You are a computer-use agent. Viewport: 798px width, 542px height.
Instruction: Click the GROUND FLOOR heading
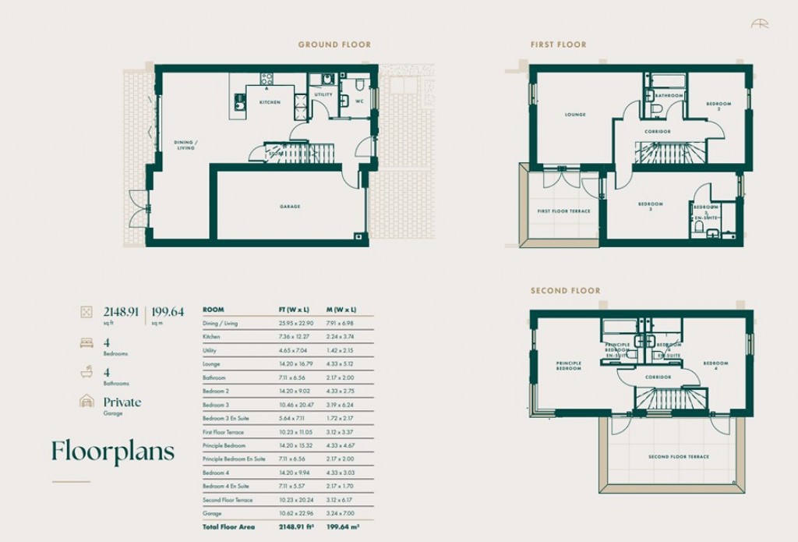coord(334,45)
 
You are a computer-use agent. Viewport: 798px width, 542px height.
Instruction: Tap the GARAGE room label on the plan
coord(290,207)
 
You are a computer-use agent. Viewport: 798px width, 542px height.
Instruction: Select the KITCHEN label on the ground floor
coord(270,102)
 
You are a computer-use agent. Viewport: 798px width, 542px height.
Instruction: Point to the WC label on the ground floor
coord(359,101)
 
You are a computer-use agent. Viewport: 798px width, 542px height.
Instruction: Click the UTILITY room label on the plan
coord(323,95)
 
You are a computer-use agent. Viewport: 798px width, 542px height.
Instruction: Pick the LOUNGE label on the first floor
coord(575,115)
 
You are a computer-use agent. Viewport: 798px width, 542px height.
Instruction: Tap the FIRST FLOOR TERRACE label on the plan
coord(564,211)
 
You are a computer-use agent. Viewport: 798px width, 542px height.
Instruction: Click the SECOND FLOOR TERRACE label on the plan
coord(679,457)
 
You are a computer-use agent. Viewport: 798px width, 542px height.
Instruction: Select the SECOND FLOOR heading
coord(565,291)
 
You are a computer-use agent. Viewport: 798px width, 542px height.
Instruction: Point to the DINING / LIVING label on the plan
coord(185,145)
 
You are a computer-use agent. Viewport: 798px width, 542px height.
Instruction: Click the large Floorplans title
coord(113,452)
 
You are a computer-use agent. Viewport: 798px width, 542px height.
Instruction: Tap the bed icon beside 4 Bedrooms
coord(87,342)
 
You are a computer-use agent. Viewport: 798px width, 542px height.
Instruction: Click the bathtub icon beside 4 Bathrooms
coord(87,373)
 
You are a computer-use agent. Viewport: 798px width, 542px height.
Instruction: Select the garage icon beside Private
coord(87,402)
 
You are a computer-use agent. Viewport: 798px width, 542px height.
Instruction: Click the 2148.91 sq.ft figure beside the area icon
coord(121,312)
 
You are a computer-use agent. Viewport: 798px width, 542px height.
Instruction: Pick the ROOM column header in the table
coord(213,310)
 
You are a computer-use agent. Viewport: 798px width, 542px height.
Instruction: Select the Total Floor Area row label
coord(227,528)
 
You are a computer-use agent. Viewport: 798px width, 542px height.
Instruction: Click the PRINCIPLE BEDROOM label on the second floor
coord(569,366)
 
